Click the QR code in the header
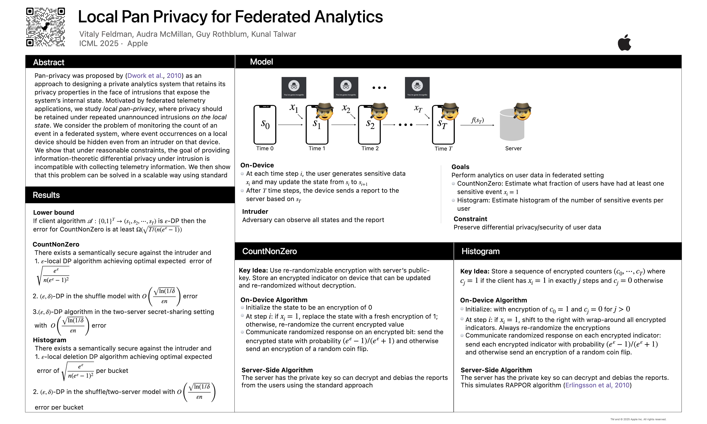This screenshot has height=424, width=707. click(45, 27)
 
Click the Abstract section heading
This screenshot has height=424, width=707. click(49, 62)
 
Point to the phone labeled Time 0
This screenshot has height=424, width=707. click(265, 125)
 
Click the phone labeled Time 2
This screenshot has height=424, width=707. click(369, 125)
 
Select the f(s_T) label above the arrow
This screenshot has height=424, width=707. click(477, 120)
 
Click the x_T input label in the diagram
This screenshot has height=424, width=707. click(418, 108)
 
